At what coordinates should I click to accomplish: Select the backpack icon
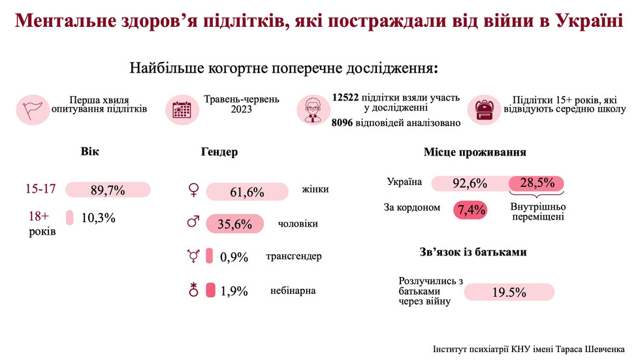484,108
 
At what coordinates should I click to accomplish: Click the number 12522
345,97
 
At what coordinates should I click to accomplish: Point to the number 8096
344,122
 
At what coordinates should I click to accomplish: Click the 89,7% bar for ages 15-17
108,190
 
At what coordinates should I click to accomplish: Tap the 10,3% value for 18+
98,218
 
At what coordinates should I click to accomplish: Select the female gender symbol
193,190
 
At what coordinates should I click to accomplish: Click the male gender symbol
193,223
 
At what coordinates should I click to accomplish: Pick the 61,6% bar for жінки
248,191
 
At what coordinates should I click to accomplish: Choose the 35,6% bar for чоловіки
234,224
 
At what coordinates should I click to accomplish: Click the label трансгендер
294,256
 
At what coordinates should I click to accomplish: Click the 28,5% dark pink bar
536,183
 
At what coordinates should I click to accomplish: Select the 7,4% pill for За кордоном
471,209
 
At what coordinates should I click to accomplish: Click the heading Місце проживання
475,153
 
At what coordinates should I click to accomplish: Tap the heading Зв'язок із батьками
473,252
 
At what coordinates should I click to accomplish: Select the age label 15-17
40,189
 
